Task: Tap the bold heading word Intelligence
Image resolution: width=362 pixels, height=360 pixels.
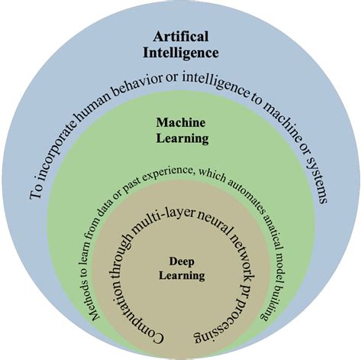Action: [x=181, y=53]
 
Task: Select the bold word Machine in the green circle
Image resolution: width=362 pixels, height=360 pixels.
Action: [x=183, y=122]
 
